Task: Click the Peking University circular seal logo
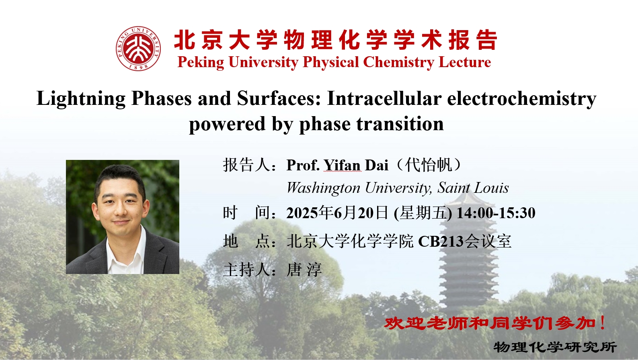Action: pos(138,49)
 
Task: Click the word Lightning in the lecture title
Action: pos(81,99)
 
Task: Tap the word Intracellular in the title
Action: pos(384,98)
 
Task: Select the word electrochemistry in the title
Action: pos(522,99)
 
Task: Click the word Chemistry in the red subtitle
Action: pos(398,62)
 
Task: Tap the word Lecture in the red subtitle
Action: pos(465,62)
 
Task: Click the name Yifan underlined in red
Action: pos(342,165)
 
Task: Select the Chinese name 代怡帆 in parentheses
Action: pos(429,165)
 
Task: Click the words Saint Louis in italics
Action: pos(473,188)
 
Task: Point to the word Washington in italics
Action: pos(323,188)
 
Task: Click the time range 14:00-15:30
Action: pos(496,213)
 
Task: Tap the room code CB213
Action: pos(441,241)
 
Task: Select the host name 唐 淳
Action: pos(304,269)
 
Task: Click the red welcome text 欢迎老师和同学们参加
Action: pos(490,323)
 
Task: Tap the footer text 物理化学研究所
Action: pos(555,347)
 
